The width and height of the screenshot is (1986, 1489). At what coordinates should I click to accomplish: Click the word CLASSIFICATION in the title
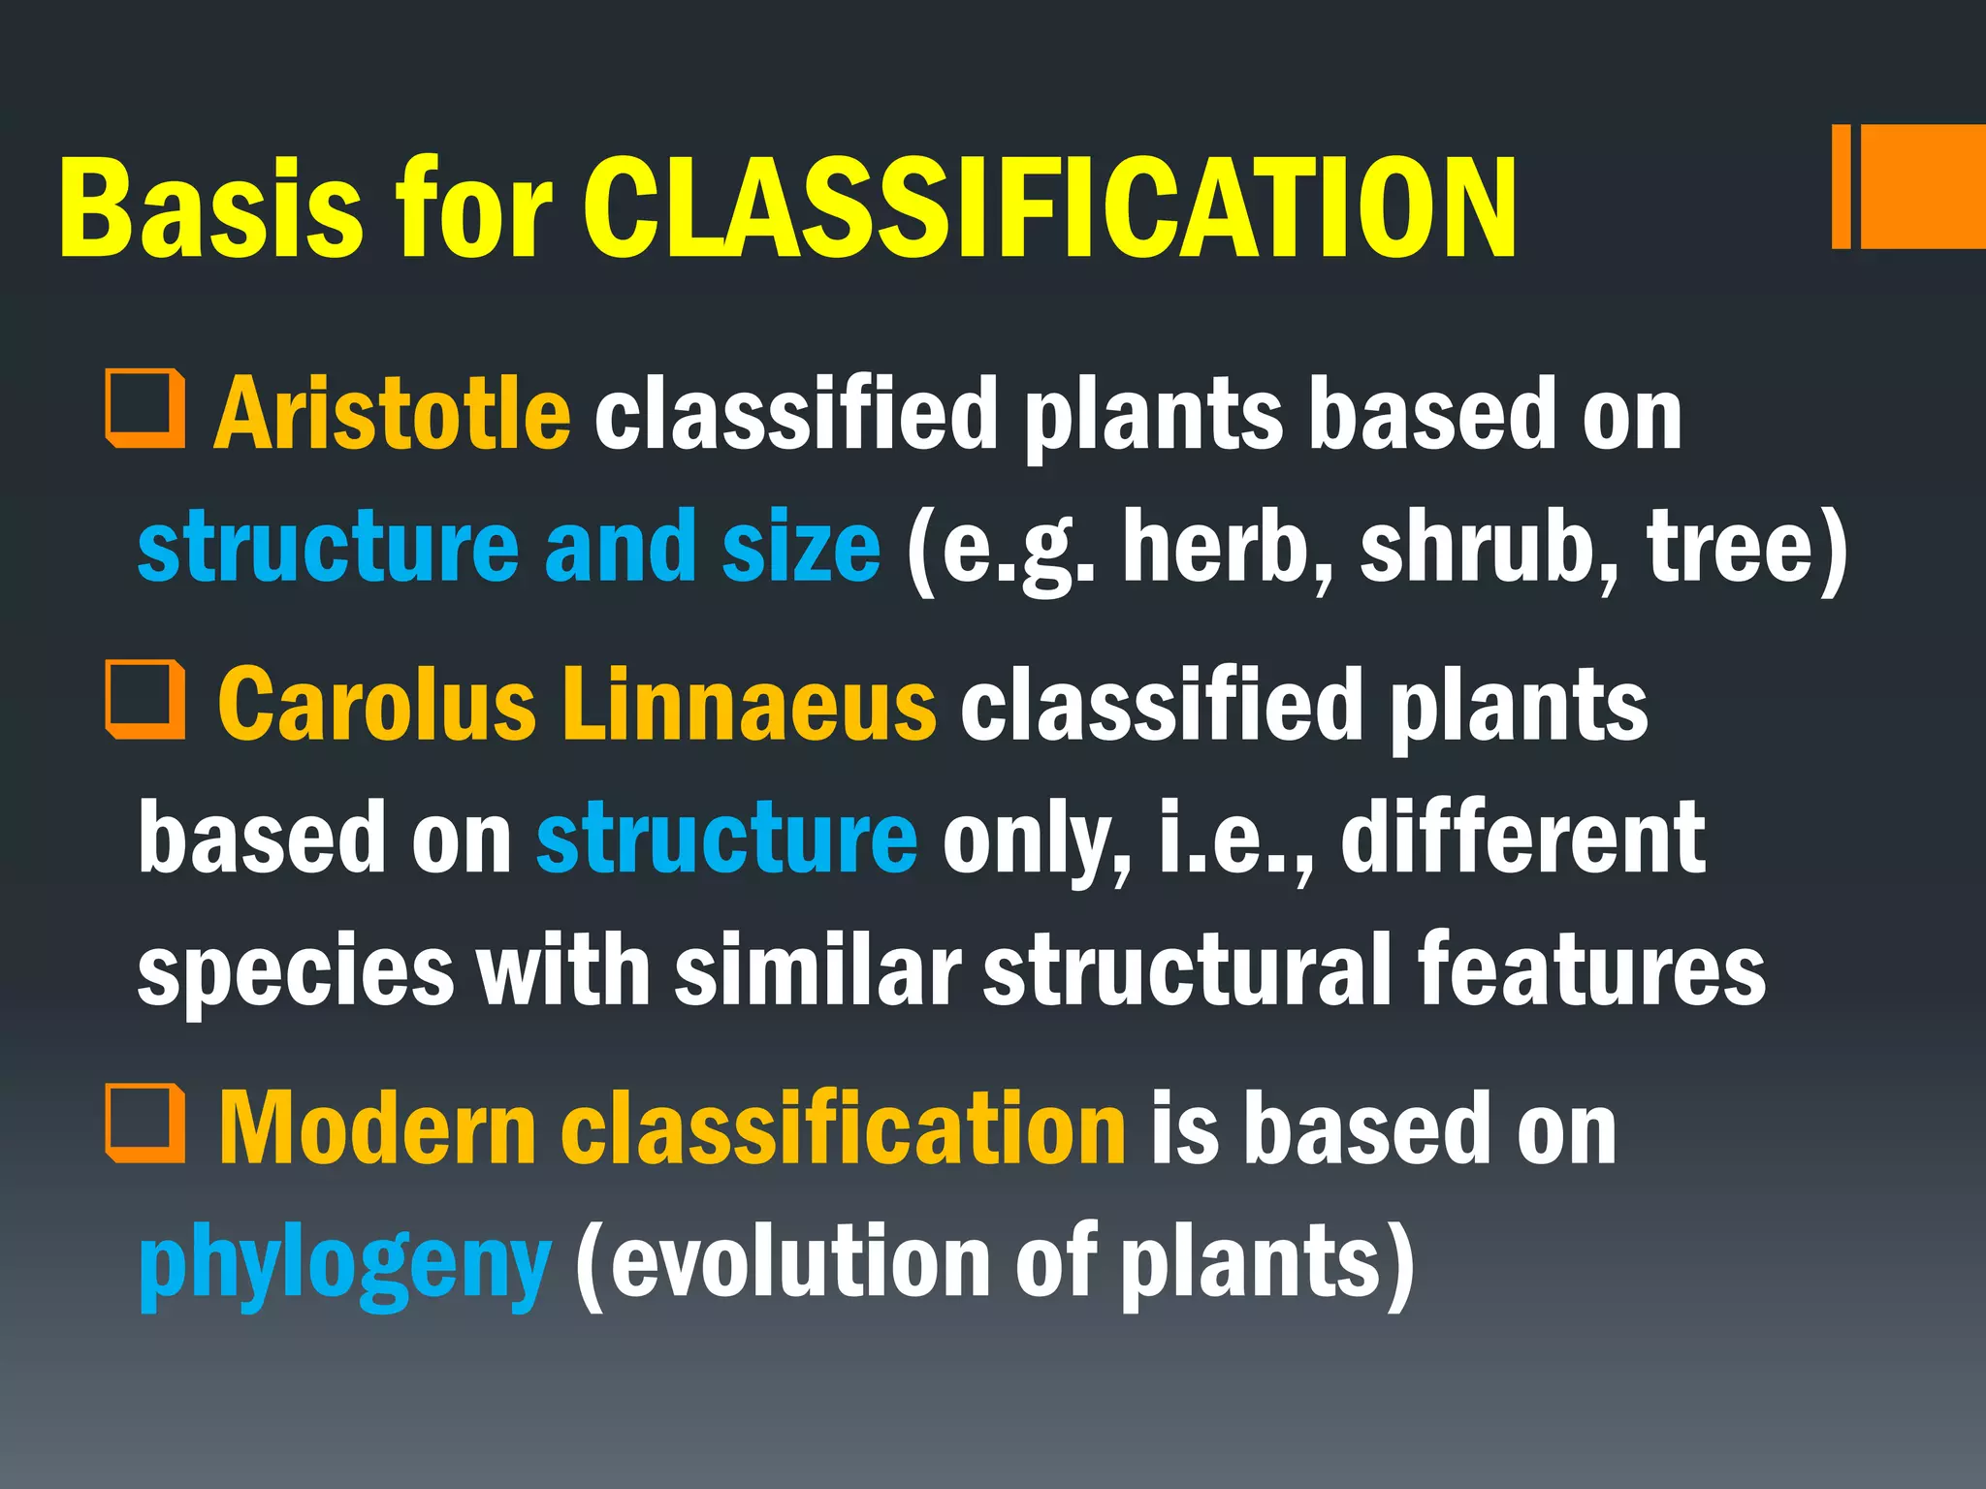coord(1049,208)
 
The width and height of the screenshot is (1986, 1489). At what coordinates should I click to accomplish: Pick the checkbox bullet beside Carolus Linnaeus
coord(145,699)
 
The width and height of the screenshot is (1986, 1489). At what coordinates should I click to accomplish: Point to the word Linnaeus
coord(749,705)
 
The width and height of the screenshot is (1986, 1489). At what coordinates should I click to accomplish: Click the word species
coord(296,972)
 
